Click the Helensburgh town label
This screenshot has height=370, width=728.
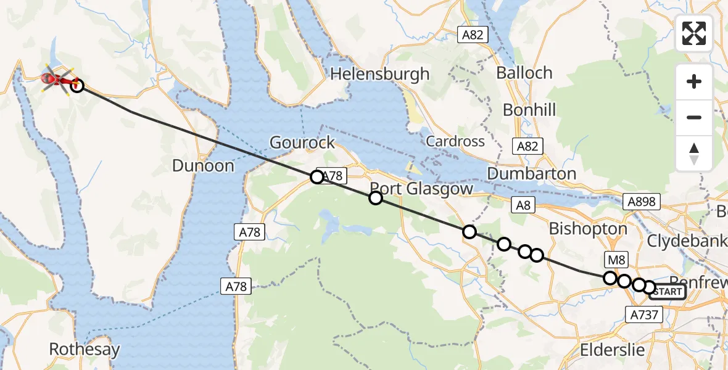[x=380, y=75]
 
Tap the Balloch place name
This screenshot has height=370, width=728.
[x=524, y=73]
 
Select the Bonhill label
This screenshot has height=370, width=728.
[x=529, y=110]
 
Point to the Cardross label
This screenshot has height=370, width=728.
[x=455, y=141]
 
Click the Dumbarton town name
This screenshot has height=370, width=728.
[x=532, y=174]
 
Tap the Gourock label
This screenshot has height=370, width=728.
[x=302, y=143]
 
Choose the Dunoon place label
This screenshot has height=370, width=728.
[x=204, y=166]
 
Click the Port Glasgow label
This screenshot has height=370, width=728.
[x=421, y=189]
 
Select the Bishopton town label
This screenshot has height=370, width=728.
[x=588, y=229]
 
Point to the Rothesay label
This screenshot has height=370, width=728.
[x=85, y=350]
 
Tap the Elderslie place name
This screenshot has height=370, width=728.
[x=613, y=350]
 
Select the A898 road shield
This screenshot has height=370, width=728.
[x=642, y=202]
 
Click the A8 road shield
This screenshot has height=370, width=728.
[x=523, y=206]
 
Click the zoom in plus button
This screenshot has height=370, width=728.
[x=694, y=82]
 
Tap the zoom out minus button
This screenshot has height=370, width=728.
[x=694, y=117]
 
